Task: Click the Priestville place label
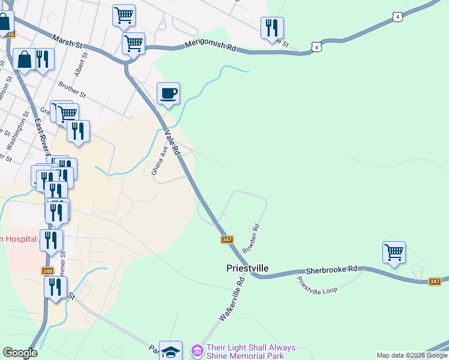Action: tap(247, 268)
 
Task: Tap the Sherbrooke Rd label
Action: tap(331, 271)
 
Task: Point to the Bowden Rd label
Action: tap(251, 238)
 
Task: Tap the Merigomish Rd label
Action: tap(211, 44)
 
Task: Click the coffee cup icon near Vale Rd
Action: tap(168, 93)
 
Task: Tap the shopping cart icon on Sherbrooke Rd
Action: tap(394, 252)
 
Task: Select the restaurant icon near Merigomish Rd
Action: tap(272, 28)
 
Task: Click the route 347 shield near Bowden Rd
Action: tap(227, 239)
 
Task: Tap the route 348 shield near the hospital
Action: tap(47, 271)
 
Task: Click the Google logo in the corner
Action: tap(20, 353)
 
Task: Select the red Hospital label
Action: tap(18, 239)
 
